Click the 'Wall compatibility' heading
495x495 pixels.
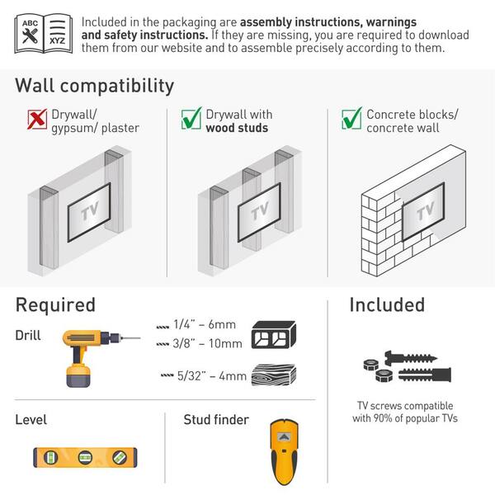pyautogui.click(x=94, y=85)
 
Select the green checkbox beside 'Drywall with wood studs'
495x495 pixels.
pyautogui.click(x=191, y=120)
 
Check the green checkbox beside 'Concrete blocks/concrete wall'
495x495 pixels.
pyautogui.click(x=351, y=120)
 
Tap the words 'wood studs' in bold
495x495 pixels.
pyautogui.click(x=238, y=128)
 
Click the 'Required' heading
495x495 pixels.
pyautogui.click(x=55, y=304)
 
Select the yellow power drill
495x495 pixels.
pyautogui.click(x=91, y=356)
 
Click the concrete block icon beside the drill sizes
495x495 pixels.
pyautogui.click(x=273, y=334)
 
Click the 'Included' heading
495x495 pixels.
pyautogui.click(x=386, y=304)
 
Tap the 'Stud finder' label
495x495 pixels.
pyautogui.click(x=215, y=420)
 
